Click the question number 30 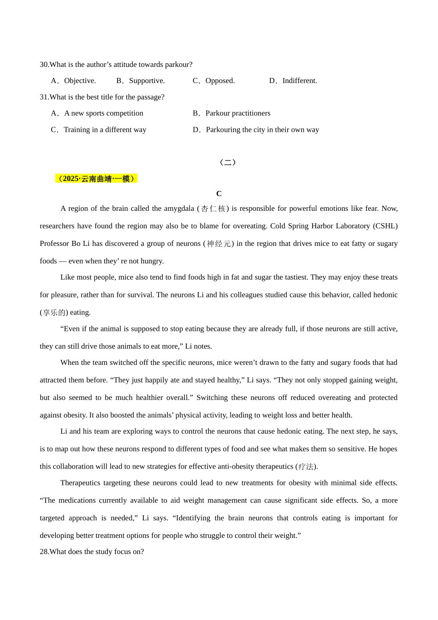coord(44,65)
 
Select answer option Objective coord(80,81)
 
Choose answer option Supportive coord(147,81)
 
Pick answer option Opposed coord(220,81)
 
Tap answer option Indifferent coord(299,81)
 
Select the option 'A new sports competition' coord(104,113)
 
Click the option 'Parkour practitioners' coord(238,113)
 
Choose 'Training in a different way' coord(105,130)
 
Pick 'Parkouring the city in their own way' coord(262,130)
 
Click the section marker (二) coord(228,162)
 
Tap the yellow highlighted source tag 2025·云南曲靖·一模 coord(96,179)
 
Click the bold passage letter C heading coord(219,194)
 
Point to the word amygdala coord(179,209)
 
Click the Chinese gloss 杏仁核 coord(213,209)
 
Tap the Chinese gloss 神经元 coord(219,244)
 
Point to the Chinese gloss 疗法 coord(306,467)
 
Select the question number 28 coord(44,552)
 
